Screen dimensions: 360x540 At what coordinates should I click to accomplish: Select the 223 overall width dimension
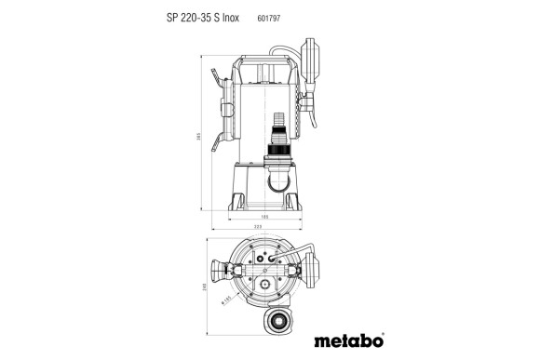tap(257, 228)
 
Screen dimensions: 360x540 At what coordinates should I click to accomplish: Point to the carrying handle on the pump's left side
tap(221, 108)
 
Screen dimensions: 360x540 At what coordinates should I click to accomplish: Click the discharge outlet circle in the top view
tap(277, 318)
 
